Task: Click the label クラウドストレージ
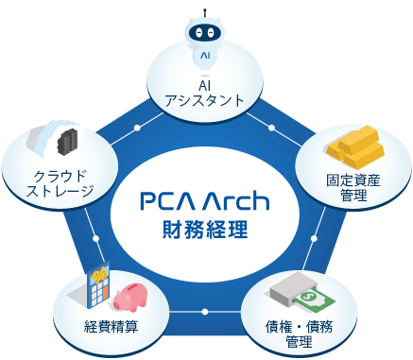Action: coord(61,184)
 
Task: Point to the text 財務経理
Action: coord(205,230)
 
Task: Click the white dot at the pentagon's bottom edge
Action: coord(205,311)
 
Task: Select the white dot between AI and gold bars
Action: coord(273,128)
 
